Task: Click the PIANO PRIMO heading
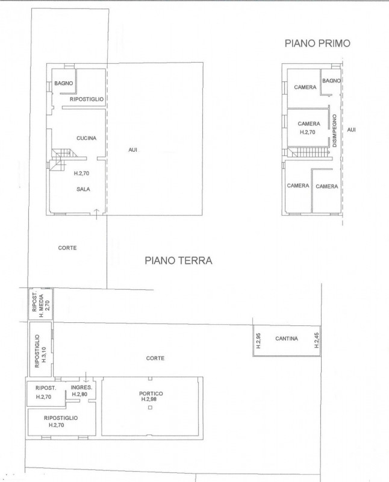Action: point(317,43)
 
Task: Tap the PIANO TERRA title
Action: point(178,261)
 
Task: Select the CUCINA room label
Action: point(86,139)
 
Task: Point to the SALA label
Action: point(83,189)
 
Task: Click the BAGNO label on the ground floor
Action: point(64,83)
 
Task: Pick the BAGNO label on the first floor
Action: point(331,81)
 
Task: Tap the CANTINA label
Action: point(287,339)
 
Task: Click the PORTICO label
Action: point(151,393)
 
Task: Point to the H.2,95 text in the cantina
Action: point(258,340)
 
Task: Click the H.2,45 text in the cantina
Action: point(317,340)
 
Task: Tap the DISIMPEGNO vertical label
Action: point(335,131)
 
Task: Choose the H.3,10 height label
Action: point(43,354)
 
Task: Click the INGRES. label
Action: point(81,387)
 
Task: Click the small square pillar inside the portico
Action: point(150,408)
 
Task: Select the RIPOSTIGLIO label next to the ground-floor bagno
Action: point(87,99)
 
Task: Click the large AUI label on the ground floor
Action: point(132,150)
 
